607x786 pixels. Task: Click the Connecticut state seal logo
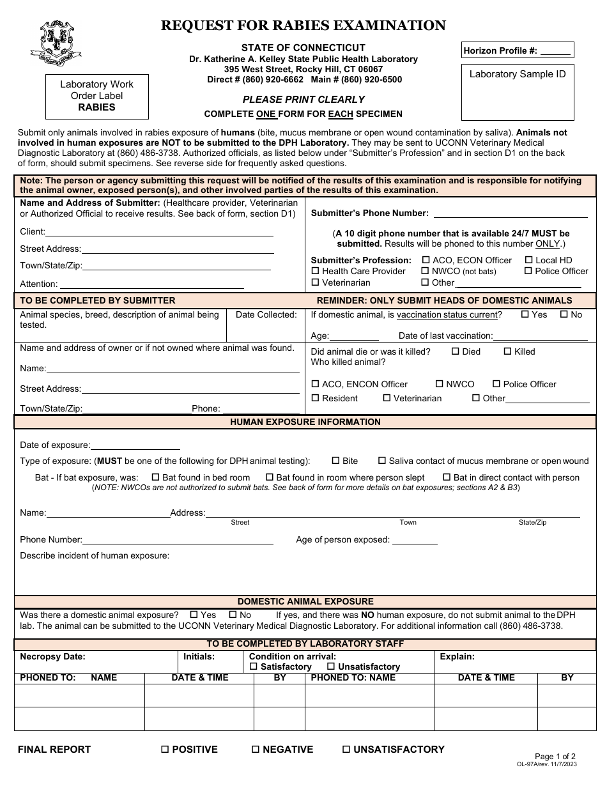(56, 43)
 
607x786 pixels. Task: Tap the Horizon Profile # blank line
(555, 51)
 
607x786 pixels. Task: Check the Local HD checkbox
(529, 260)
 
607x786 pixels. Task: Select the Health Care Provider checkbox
(315, 272)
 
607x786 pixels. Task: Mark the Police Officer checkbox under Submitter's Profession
(528, 272)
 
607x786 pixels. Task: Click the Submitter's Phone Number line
(511, 213)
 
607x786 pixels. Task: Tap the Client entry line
(160, 233)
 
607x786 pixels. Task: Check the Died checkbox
(456, 351)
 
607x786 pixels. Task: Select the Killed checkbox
(508, 351)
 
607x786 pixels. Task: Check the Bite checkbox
(335, 461)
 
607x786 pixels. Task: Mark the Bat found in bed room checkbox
(155, 477)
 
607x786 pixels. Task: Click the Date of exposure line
(135, 445)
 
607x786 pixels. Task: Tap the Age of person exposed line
(415, 540)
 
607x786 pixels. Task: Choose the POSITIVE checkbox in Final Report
(165, 750)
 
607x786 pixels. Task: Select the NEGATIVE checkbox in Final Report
(256, 750)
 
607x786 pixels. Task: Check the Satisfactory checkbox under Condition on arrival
(254, 667)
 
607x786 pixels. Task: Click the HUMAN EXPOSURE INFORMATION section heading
(305, 422)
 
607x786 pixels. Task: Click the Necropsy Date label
(52, 656)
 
